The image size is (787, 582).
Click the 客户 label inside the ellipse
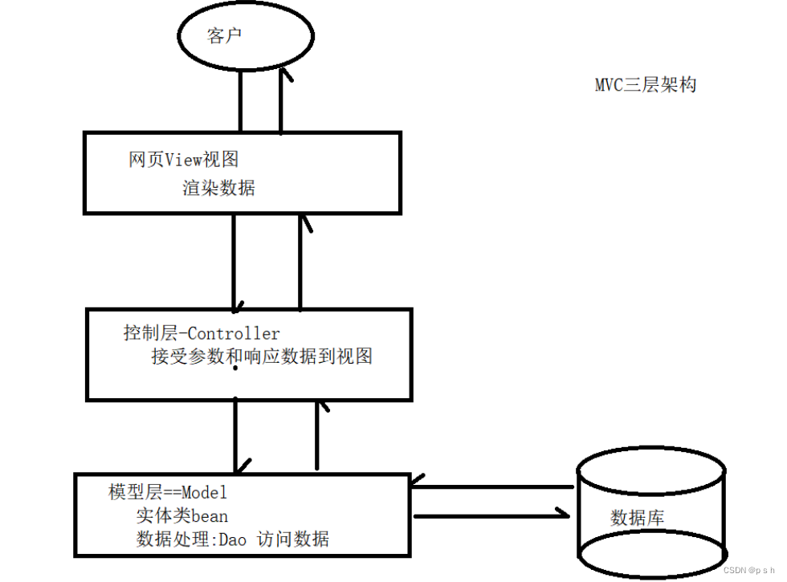(x=224, y=36)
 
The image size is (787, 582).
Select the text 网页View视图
(x=184, y=160)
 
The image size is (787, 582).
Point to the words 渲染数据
(x=218, y=189)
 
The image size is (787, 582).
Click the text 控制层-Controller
(x=202, y=333)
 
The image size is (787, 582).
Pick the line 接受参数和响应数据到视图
(x=262, y=357)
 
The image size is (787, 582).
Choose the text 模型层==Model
(x=168, y=491)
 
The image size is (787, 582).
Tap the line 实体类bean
(x=181, y=515)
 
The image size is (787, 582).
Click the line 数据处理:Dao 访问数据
(x=233, y=539)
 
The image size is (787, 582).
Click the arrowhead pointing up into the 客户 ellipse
(x=283, y=74)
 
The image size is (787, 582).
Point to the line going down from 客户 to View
(x=240, y=100)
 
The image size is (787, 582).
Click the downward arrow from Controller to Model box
(x=236, y=438)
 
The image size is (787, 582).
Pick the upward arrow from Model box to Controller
(x=318, y=433)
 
